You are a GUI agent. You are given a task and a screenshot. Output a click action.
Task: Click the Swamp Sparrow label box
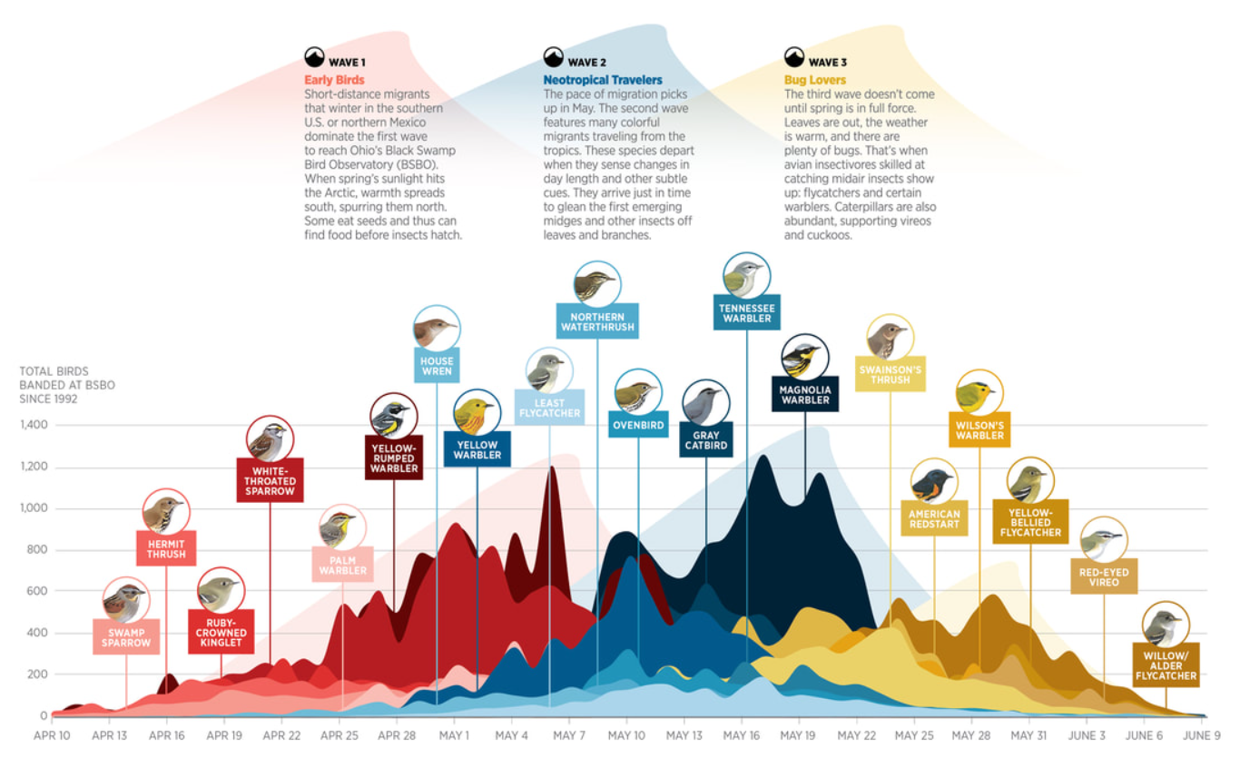click(x=126, y=636)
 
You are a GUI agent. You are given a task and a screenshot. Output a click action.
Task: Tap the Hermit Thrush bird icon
click(x=165, y=512)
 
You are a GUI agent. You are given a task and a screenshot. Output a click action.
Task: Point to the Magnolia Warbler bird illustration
click(x=804, y=358)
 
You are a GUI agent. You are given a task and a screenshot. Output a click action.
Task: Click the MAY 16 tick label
click(x=741, y=735)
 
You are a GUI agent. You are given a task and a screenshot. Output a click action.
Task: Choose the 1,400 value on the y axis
click(x=34, y=426)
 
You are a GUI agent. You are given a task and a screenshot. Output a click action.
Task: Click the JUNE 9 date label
click(x=1202, y=735)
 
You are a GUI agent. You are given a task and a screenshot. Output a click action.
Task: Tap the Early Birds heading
click(x=334, y=81)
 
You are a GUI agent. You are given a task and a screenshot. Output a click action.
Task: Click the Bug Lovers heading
click(x=815, y=81)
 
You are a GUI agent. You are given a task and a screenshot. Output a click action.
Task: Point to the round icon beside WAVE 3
click(x=794, y=58)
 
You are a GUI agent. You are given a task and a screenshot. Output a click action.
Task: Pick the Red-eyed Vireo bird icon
click(x=1104, y=540)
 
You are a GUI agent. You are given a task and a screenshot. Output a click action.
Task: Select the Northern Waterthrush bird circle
click(x=597, y=284)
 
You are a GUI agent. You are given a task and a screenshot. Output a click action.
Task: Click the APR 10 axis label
click(x=52, y=735)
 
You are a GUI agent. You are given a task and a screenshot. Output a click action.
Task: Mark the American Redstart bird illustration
click(x=934, y=484)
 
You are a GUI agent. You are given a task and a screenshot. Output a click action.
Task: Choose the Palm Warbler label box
click(x=343, y=564)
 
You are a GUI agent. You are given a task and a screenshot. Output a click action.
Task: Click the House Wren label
click(x=437, y=367)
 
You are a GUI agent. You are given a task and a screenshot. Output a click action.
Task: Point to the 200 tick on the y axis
click(x=37, y=674)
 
